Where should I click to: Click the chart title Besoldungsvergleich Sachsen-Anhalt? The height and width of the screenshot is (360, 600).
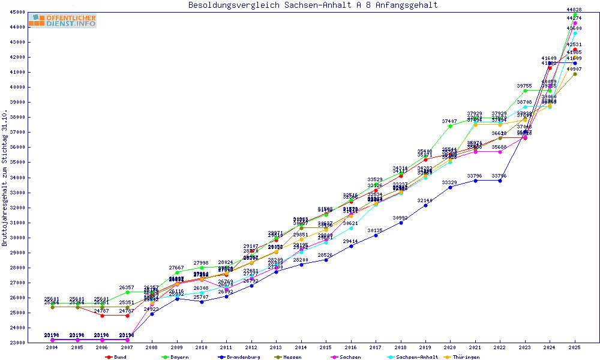click(x=313, y=5)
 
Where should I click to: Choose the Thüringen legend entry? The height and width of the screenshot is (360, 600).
click(x=466, y=357)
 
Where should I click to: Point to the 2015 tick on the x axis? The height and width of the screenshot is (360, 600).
click(x=326, y=347)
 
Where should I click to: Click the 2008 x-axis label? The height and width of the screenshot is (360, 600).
click(x=152, y=347)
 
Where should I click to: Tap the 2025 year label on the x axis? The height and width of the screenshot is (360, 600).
click(x=575, y=347)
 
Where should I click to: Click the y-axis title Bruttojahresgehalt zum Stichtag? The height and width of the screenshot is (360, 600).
click(x=5, y=178)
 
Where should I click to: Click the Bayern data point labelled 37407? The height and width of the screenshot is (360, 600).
click(x=450, y=126)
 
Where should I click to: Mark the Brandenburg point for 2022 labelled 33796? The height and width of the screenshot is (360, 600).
click(x=500, y=181)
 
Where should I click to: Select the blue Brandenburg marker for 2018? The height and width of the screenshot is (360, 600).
click(x=401, y=223)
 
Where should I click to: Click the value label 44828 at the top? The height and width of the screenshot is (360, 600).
click(x=574, y=10)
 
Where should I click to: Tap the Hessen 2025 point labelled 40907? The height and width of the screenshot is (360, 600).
click(x=575, y=74)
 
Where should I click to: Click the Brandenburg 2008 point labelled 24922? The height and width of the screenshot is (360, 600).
click(x=152, y=314)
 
